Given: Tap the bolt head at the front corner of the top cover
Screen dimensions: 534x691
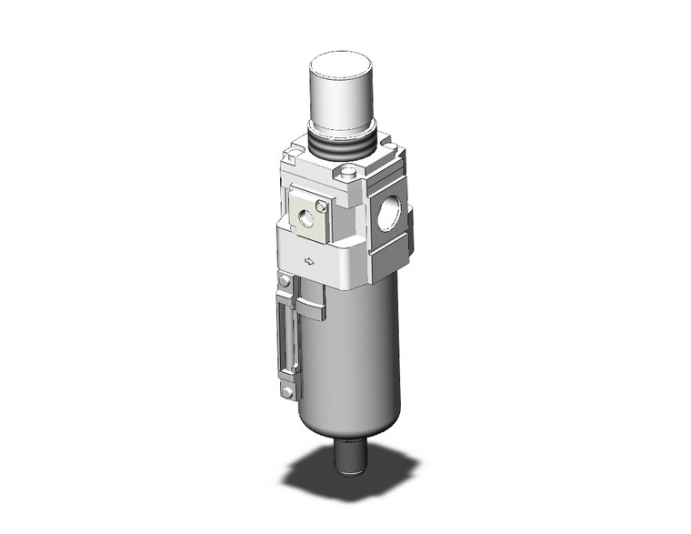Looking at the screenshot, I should click(351, 173).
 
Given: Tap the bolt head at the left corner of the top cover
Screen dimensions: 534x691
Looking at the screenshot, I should click(293, 156).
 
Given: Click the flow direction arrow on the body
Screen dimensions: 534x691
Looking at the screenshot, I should click(309, 262).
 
